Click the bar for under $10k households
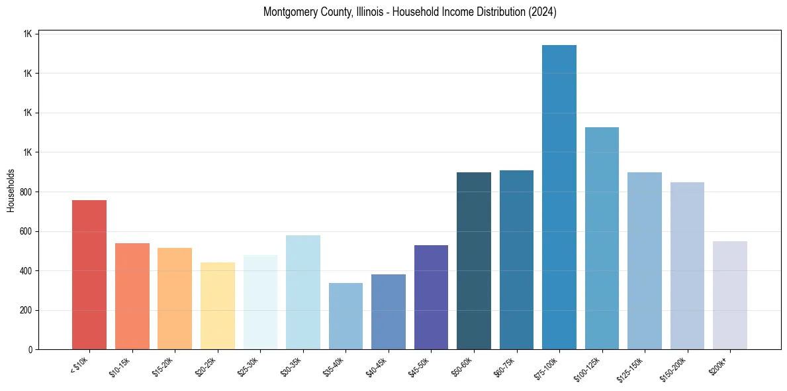(x=89, y=274)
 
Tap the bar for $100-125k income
(x=602, y=238)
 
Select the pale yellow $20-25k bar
(x=218, y=306)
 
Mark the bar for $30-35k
(x=303, y=292)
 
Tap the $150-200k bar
(x=687, y=266)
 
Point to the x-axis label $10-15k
(x=121, y=366)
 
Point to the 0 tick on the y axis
(x=30, y=350)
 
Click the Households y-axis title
(x=11, y=190)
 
